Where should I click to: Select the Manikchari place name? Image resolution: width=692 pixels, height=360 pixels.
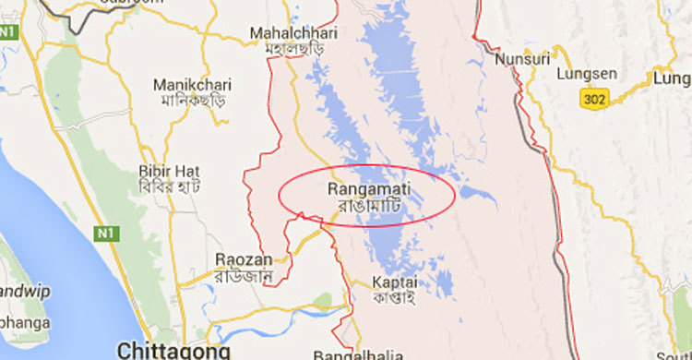coord(191,82)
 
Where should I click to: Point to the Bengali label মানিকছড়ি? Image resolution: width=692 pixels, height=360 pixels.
coord(191,99)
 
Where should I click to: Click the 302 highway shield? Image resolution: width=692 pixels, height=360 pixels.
coord(595,97)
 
